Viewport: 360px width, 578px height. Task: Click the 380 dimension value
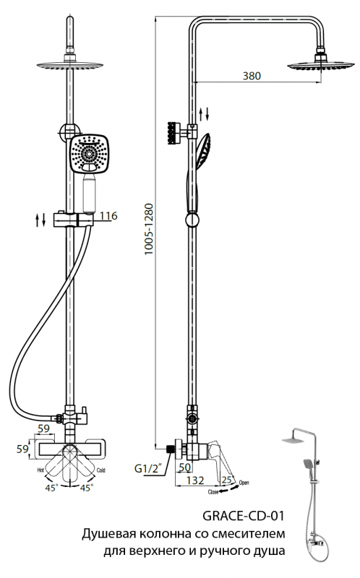252,76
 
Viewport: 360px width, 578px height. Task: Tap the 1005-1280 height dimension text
148,229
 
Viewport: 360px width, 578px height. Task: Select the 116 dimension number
108,215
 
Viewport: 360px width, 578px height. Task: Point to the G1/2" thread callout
147,469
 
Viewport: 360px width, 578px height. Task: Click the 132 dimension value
194,480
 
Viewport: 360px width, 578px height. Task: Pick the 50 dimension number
184,467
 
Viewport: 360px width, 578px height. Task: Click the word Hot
41,470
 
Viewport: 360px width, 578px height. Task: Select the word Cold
100,470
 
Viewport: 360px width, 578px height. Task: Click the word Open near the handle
244,483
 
